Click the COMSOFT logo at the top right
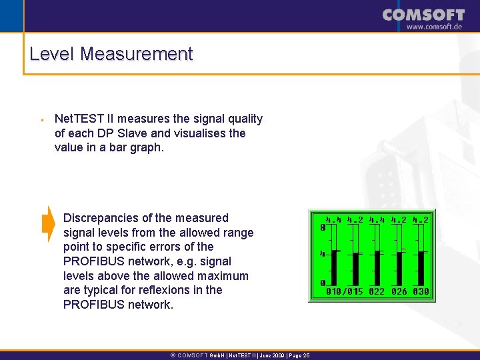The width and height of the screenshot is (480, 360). click(423, 15)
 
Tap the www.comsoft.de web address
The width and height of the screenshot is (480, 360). click(434, 27)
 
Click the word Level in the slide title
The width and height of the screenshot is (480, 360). click(52, 54)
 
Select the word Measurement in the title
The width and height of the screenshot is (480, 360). click(136, 54)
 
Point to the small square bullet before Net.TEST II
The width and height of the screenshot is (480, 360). click(41, 121)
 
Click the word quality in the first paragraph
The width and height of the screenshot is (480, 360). click(244, 119)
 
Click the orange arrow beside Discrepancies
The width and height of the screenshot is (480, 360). click(48, 224)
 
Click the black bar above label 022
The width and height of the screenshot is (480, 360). click(378, 268)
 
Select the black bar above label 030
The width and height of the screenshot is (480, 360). click(421, 268)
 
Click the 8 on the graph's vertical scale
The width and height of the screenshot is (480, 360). click(323, 227)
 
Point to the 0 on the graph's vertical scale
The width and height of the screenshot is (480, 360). click(323, 283)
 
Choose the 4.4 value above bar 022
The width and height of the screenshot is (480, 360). click(377, 219)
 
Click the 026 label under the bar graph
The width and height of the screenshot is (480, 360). click(399, 292)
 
